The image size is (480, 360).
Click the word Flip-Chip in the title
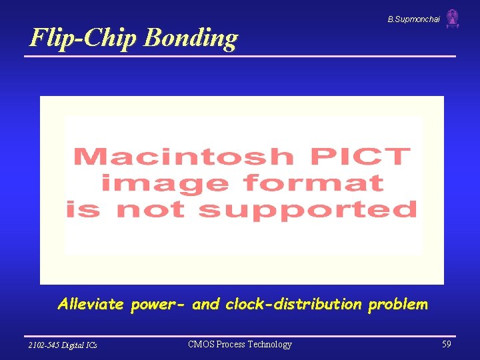tap(84, 37)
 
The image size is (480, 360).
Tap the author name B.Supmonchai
tap(413, 20)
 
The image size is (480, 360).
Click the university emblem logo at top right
tap(453, 19)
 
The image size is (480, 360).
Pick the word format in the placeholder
tap(313, 183)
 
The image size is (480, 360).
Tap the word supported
tap(308, 209)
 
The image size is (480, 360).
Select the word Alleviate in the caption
tap(91, 305)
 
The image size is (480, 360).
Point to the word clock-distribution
tap(293, 305)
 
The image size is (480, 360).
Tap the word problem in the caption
tap(398, 305)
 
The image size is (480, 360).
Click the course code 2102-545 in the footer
tap(45, 345)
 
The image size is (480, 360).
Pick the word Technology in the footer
tap(269, 345)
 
